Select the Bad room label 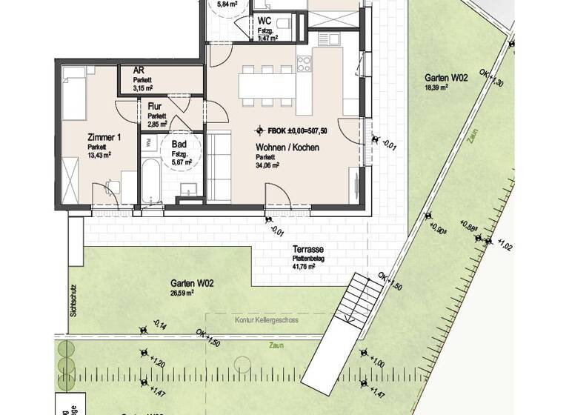[x=179, y=145]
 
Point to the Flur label [x=155, y=107]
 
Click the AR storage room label [x=139, y=70]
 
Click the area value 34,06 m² [x=267, y=166]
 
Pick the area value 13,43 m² [x=98, y=155]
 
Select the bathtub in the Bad [x=150, y=182]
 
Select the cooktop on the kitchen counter [x=304, y=62]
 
